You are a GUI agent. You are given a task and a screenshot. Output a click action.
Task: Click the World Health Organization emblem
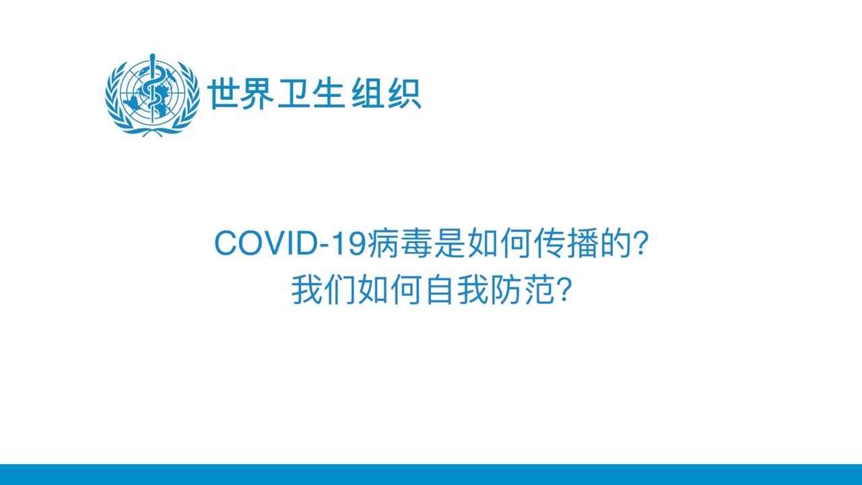153,94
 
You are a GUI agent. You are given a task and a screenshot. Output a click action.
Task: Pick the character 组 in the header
368,94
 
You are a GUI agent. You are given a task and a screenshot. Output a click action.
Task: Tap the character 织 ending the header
404,94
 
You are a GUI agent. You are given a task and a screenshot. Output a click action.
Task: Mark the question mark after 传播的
640,243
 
